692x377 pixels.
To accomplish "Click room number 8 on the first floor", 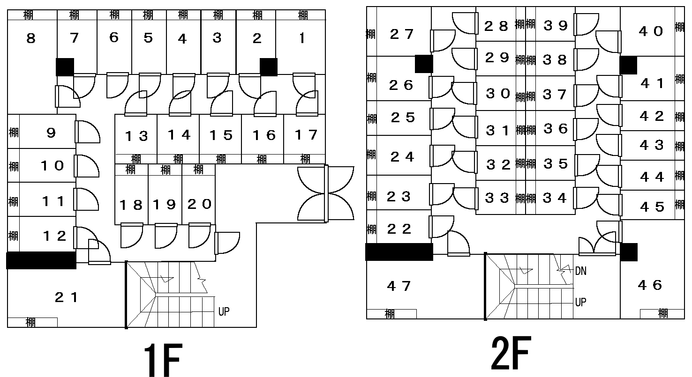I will pos(31,38).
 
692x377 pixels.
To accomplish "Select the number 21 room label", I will pos(67,297).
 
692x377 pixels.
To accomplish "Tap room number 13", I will pos(136,136).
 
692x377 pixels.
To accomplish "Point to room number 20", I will pos(199,204).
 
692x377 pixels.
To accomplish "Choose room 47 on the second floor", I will pos(399,286).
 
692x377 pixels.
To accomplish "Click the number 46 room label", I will pos(650,285).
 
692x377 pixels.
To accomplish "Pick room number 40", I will pos(651,31).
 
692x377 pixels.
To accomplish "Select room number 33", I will pos(497,198).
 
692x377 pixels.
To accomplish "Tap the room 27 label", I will pos(402,34).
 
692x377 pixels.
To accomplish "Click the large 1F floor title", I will pos(162,359).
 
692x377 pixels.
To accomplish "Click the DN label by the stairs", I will pos(580,271).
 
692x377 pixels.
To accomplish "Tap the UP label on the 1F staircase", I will pos(224,311).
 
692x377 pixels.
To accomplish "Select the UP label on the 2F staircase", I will pos(580,303).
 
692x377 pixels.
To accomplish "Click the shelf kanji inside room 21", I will pos(31,322).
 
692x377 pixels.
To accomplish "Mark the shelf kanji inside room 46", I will pos(662,313).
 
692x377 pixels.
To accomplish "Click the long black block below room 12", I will pos(41,260).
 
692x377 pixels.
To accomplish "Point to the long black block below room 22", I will pos(399,251).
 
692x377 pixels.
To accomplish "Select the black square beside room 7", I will pos(65,67).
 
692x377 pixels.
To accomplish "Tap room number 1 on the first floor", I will pos(302,38).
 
